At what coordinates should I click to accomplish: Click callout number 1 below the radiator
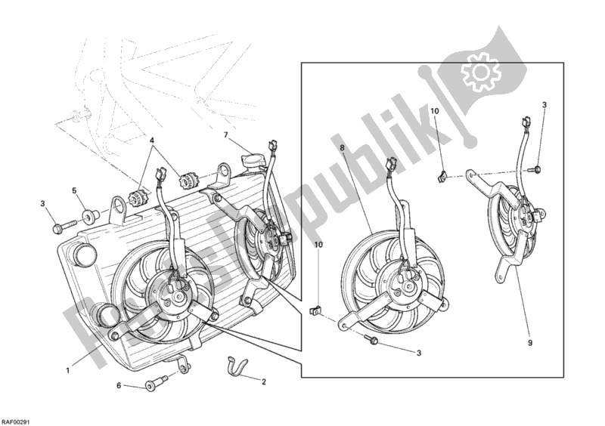coord(69,370)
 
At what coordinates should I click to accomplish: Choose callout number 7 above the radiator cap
coord(225,134)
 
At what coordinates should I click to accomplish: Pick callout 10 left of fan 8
coord(318,245)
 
